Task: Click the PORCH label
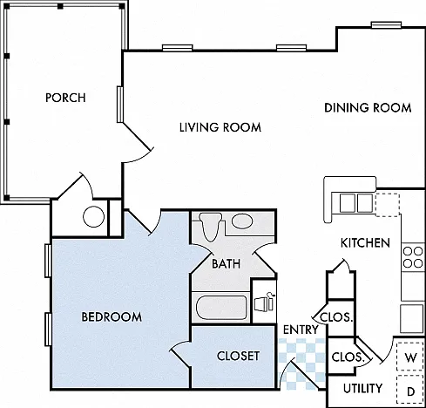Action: (65, 98)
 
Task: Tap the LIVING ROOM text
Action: (220, 127)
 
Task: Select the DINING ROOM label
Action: (368, 108)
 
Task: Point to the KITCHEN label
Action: (365, 243)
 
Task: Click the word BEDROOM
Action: (112, 316)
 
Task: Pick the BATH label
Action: (227, 264)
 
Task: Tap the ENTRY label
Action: (301, 330)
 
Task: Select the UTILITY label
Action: (362, 388)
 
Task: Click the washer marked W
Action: (410, 357)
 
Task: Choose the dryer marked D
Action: (410, 389)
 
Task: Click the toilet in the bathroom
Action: (211, 228)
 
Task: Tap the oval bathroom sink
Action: (242, 221)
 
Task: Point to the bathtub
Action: (221, 308)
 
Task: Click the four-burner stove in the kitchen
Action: (413, 257)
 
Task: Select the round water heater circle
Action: (93, 216)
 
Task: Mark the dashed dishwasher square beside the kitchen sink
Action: (388, 205)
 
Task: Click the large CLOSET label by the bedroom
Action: (238, 357)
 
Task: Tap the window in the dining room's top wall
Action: (387, 25)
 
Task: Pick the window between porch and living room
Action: (120, 104)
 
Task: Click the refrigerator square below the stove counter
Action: (411, 318)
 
